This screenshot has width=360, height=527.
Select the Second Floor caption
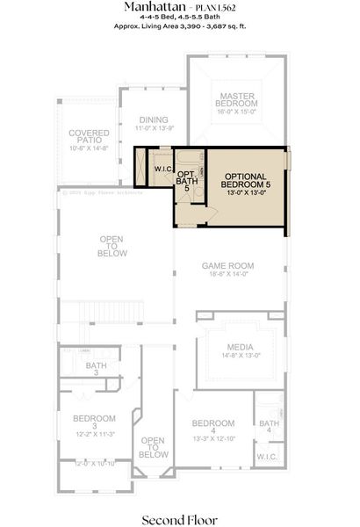(180, 519)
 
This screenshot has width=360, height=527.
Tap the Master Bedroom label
(237, 99)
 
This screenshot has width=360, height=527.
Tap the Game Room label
(227, 265)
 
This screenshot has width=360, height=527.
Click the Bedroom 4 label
(213, 422)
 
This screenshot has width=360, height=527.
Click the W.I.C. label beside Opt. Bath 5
(162, 169)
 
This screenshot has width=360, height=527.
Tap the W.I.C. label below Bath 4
(268, 458)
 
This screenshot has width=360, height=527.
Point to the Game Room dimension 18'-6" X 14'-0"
(227, 275)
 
